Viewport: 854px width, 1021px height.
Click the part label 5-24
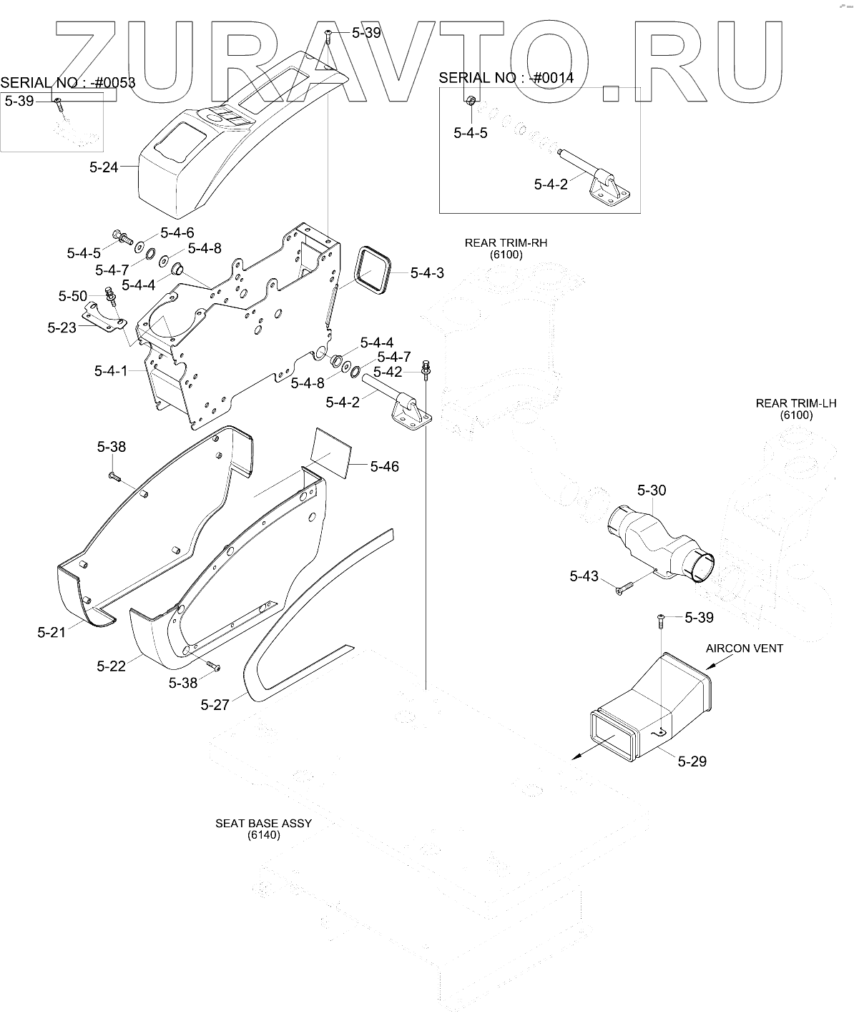104,169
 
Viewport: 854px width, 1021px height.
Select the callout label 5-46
385,467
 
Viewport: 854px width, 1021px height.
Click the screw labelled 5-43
623,588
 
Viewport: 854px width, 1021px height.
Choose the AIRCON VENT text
744,648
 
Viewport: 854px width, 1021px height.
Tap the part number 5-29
692,761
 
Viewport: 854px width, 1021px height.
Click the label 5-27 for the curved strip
215,705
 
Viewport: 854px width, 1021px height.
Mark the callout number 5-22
111,666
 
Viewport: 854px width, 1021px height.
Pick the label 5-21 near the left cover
51,631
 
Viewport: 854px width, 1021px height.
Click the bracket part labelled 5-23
102,317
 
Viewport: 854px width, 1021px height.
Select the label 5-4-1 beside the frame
110,371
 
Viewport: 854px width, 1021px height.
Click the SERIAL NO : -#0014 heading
506,78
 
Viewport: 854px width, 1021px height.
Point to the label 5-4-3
427,273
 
